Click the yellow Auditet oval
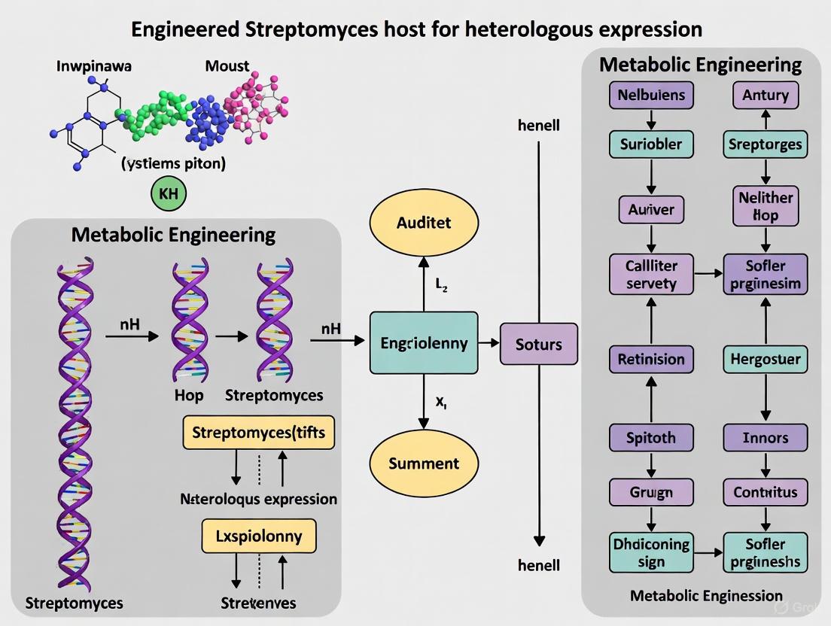pyautogui.click(x=423, y=223)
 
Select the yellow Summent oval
pyautogui.click(x=423, y=463)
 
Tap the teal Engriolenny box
pyautogui.click(x=423, y=343)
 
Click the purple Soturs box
pyautogui.click(x=538, y=345)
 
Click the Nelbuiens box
pyautogui.click(x=651, y=96)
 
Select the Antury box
pyautogui.click(x=766, y=96)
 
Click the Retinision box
pyautogui.click(x=651, y=359)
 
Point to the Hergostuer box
pyautogui.click(x=766, y=359)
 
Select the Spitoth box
pyautogui.click(x=651, y=437)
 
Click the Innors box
pyautogui.click(x=766, y=437)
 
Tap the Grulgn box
pyautogui.click(x=651, y=493)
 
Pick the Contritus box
pyautogui.click(x=766, y=493)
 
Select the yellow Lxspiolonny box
pyautogui.click(x=259, y=536)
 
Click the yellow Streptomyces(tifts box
pyautogui.click(x=259, y=433)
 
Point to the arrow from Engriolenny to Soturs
pyautogui.click(x=489, y=343)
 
